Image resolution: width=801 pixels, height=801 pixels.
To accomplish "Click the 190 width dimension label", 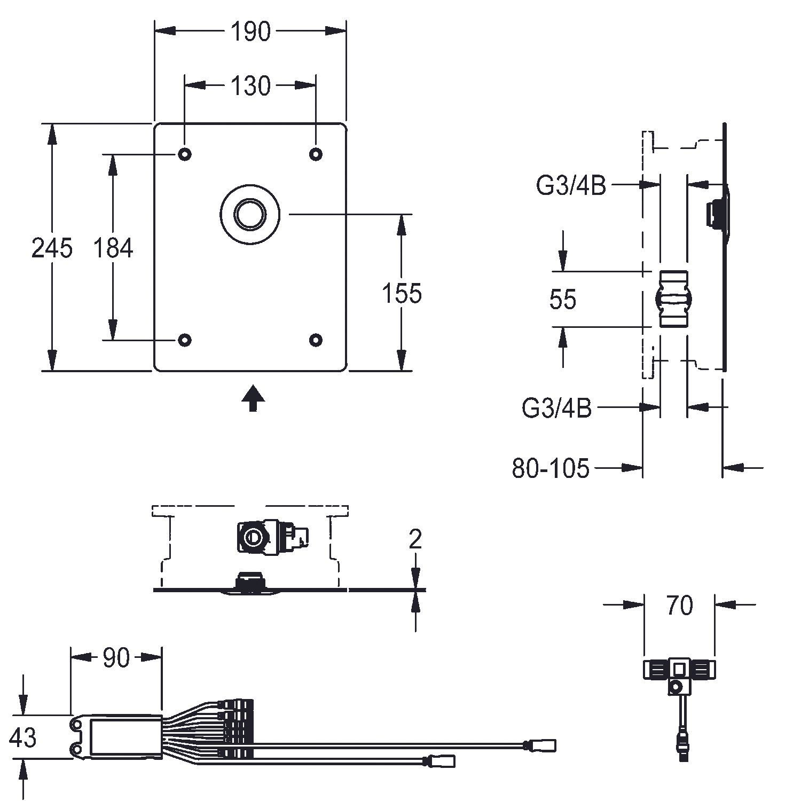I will click(x=250, y=32).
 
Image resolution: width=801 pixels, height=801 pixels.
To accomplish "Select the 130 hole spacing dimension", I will click(x=250, y=85).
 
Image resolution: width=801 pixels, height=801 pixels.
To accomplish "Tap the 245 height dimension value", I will click(x=52, y=248).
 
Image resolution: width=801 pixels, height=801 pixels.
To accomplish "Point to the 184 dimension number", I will click(x=113, y=248).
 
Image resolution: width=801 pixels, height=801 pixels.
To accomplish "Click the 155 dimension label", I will click(x=402, y=293).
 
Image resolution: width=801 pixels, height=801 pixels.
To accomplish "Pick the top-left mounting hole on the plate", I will click(x=185, y=154).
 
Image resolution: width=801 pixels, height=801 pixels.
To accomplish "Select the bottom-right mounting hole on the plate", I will click(x=316, y=340).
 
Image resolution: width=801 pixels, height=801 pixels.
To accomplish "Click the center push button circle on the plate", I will click(x=250, y=214).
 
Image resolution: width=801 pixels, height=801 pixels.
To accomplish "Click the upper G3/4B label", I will click(x=571, y=186).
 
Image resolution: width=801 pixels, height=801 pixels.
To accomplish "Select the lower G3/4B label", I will click(x=556, y=409).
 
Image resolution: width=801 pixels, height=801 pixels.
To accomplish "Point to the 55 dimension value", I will click(x=563, y=300).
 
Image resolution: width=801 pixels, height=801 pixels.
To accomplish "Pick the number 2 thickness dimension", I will click(x=415, y=540).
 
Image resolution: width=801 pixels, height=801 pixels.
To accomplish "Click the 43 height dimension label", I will click(x=23, y=737).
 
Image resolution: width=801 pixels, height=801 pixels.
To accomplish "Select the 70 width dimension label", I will click(x=679, y=606).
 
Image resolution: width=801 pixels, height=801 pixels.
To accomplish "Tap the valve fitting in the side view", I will click(x=673, y=299).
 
